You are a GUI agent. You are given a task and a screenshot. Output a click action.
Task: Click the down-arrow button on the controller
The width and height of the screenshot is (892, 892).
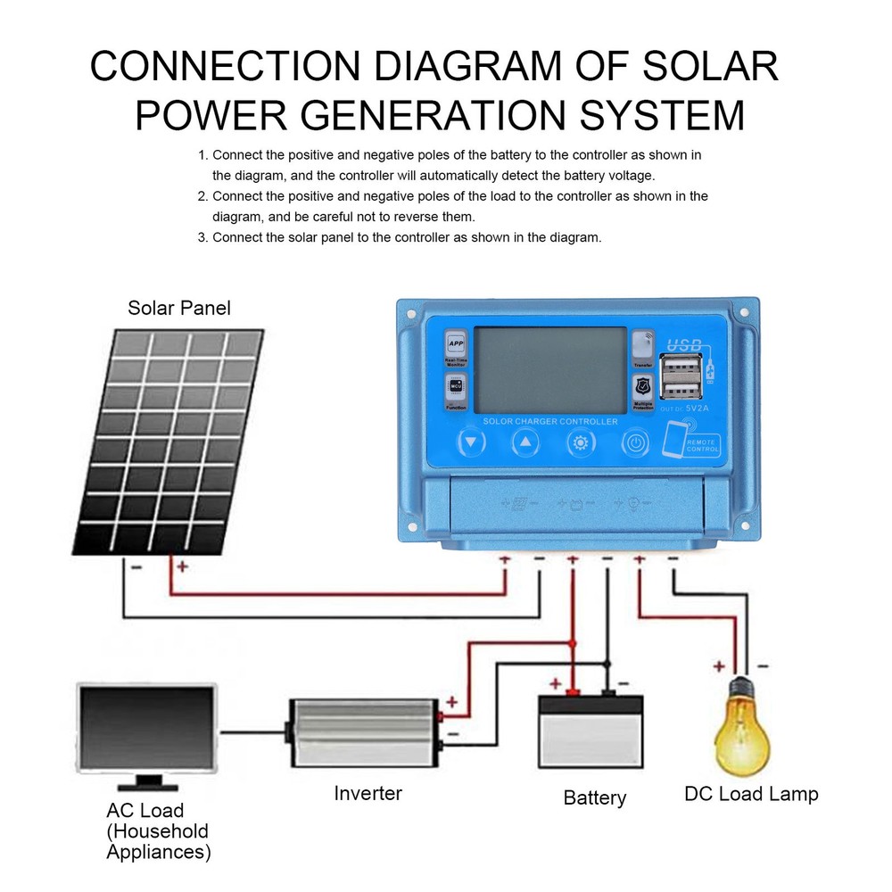(x=472, y=442)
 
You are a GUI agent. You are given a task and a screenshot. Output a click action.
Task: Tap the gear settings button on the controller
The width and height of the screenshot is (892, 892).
(x=581, y=442)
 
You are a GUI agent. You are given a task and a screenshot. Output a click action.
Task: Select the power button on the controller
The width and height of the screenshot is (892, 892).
(x=634, y=442)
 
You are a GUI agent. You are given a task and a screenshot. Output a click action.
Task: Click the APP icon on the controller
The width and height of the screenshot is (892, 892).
(x=456, y=343)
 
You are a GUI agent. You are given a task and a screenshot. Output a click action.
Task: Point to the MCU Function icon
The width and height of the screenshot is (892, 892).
(x=456, y=386)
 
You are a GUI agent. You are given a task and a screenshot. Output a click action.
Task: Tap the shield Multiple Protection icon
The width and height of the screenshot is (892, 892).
(x=642, y=386)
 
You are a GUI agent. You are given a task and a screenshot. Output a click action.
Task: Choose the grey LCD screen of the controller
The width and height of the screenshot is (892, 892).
(x=549, y=368)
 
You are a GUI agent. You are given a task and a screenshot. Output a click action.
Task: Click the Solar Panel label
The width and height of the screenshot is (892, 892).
(x=178, y=309)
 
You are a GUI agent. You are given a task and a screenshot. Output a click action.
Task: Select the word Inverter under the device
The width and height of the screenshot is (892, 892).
(x=368, y=793)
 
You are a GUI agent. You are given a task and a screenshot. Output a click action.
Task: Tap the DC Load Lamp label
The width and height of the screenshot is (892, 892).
(x=750, y=793)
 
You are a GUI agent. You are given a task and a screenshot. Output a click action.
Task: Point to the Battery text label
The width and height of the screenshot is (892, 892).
(x=595, y=797)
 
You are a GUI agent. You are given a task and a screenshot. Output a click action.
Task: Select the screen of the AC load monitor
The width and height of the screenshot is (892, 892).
(x=149, y=728)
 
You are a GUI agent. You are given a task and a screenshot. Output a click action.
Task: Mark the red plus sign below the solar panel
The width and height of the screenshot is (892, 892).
(x=182, y=566)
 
